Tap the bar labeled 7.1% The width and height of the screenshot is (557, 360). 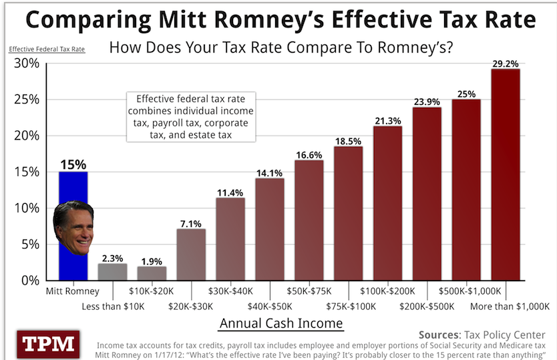[x=191, y=254]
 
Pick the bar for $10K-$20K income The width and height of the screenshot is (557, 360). [x=152, y=273]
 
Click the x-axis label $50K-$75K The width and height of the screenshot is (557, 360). [x=309, y=291]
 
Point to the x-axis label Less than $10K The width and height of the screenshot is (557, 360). [x=113, y=305]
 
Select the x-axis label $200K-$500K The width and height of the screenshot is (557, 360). [x=427, y=305]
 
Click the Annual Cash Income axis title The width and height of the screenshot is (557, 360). [x=281, y=324]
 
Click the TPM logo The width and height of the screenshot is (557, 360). [x=49, y=344]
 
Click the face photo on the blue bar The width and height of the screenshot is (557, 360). [x=73, y=227]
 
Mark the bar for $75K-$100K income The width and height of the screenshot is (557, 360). [x=348, y=214]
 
